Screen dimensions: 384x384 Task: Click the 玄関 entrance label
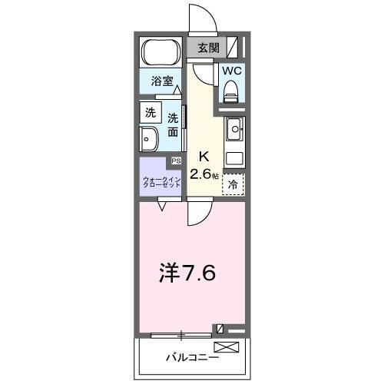click(208, 48)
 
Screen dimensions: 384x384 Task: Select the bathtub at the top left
click(161, 53)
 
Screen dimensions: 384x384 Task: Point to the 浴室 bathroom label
click(160, 79)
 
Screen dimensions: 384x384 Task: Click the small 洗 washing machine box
click(149, 112)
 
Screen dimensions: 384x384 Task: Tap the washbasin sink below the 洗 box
click(149, 140)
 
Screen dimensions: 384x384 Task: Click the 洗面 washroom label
click(174, 125)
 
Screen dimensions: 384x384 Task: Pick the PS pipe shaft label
click(176, 161)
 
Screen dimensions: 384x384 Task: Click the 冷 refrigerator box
click(233, 184)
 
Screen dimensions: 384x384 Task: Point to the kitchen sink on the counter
click(234, 128)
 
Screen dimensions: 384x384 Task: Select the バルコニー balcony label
click(193, 358)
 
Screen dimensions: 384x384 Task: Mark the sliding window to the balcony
click(181, 334)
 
